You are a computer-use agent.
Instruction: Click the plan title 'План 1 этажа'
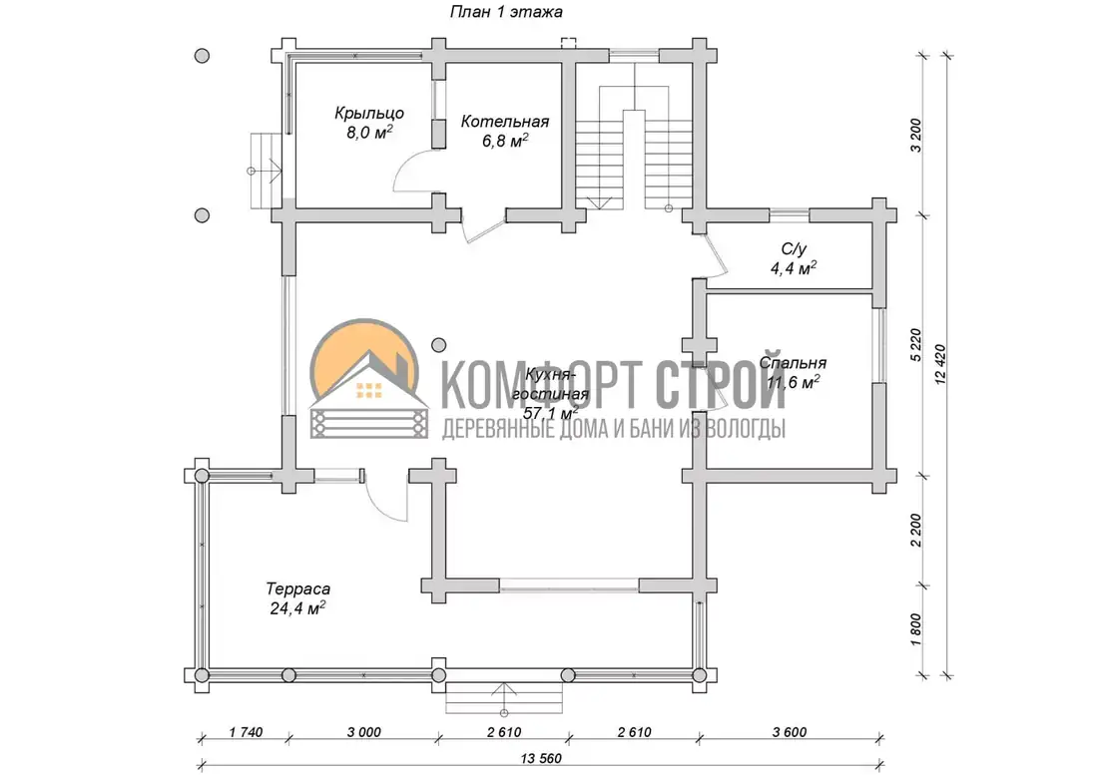[x=506, y=12]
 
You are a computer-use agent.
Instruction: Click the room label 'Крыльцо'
[x=369, y=114]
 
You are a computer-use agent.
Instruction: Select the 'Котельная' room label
[x=505, y=122]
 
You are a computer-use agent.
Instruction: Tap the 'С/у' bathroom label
[x=795, y=249]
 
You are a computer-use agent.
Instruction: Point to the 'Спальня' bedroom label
[x=793, y=363]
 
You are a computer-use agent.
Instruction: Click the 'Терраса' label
[x=297, y=589]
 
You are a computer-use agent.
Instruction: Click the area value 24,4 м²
[x=297, y=608]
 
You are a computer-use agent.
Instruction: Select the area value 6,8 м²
[x=505, y=141]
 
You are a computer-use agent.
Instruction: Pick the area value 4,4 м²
[x=795, y=268]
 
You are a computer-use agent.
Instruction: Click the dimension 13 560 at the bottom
[x=541, y=758]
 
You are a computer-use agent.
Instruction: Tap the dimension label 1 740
[x=246, y=732]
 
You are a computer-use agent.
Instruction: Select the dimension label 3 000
[x=364, y=732]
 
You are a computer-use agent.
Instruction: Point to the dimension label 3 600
[x=790, y=732]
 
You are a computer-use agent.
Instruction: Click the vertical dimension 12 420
[x=939, y=364]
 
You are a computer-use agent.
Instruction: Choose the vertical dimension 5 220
[x=916, y=345]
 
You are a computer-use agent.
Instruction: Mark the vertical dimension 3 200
[x=916, y=136]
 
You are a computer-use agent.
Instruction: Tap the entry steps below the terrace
[x=504, y=697]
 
